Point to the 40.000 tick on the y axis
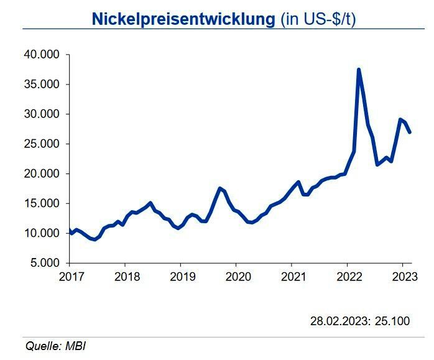40,55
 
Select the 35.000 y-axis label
40,85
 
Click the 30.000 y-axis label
40,114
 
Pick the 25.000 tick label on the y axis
40,144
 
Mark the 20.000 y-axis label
40,174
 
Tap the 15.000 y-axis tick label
40,203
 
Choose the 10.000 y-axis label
40,233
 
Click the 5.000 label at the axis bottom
44,263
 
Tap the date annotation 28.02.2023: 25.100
360,321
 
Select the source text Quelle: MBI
55,346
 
